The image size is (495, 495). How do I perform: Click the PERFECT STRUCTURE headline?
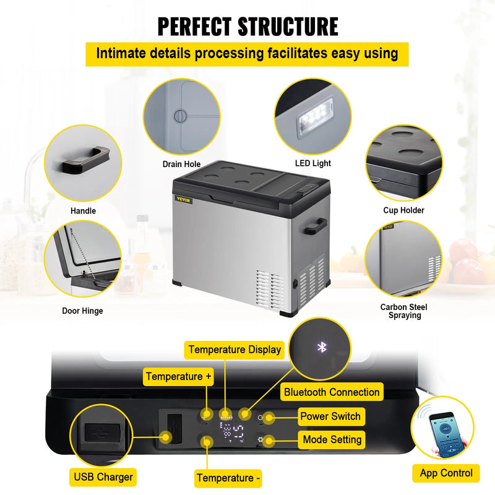coord(247,27)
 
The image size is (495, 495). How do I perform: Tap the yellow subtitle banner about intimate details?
coord(247,54)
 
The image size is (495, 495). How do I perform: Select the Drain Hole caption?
coord(181,164)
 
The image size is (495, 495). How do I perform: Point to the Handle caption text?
coord(83,211)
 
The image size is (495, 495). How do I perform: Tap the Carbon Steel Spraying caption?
coord(403,311)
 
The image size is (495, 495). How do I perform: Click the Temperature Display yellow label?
coord(235,350)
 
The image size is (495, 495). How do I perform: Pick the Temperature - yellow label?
coord(228,478)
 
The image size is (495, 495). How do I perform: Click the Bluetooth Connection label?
coord(332,392)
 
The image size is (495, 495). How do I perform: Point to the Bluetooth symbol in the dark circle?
coord(321,348)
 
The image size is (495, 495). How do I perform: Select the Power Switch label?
coord(330,416)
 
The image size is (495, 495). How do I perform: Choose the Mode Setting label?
coord(332,440)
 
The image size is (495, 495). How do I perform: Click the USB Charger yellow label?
coord(103,476)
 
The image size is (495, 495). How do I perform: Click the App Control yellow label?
coord(446,473)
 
